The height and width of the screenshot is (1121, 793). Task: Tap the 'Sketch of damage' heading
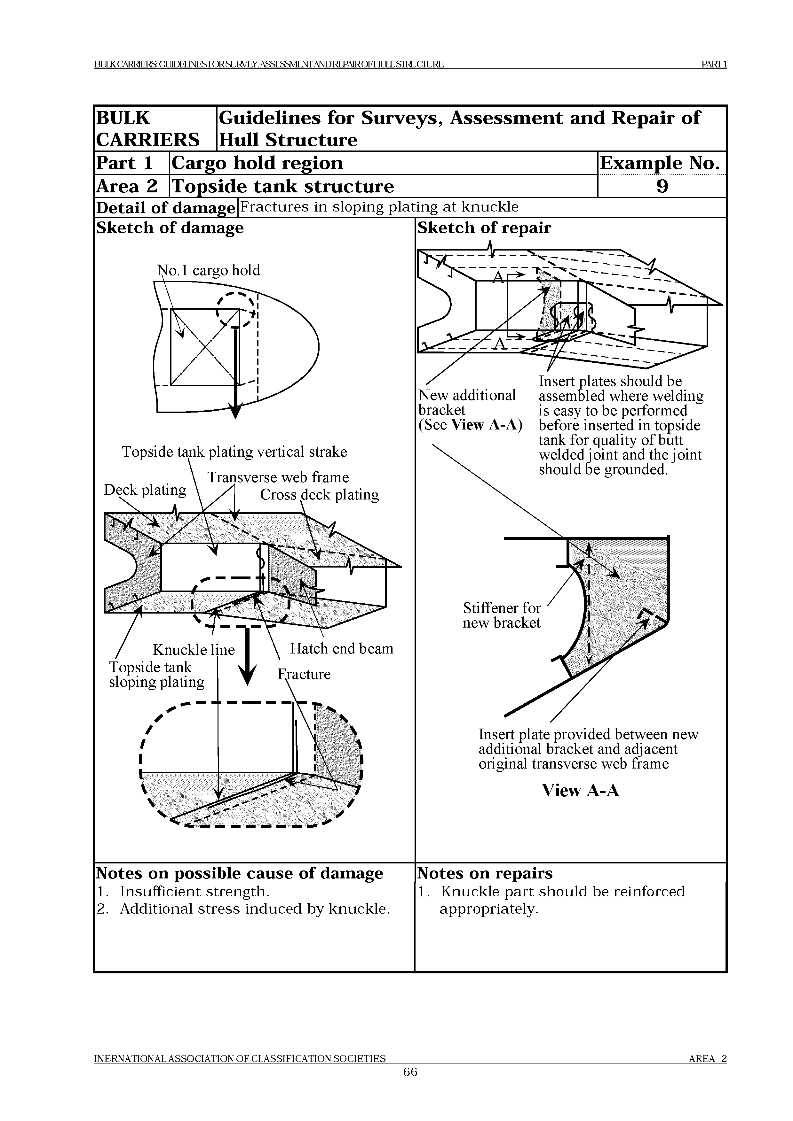(170, 228)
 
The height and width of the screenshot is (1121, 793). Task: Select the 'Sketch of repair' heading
(484, 228)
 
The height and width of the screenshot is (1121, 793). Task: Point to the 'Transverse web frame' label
(278, 477)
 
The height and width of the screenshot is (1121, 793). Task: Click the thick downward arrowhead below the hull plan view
(235, 411)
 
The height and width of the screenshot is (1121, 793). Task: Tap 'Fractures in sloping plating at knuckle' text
(379, 207)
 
